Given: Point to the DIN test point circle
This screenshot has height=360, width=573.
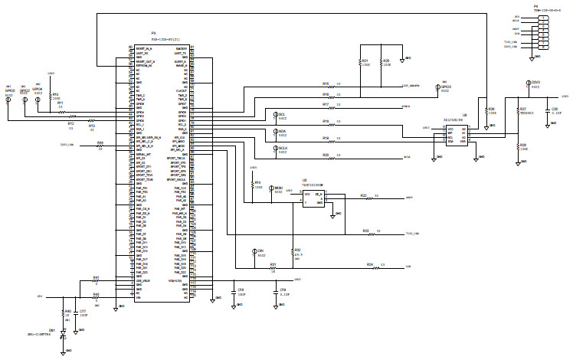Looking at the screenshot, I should (254, 251).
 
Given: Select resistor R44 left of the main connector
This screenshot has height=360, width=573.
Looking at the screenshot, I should (100, 143).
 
